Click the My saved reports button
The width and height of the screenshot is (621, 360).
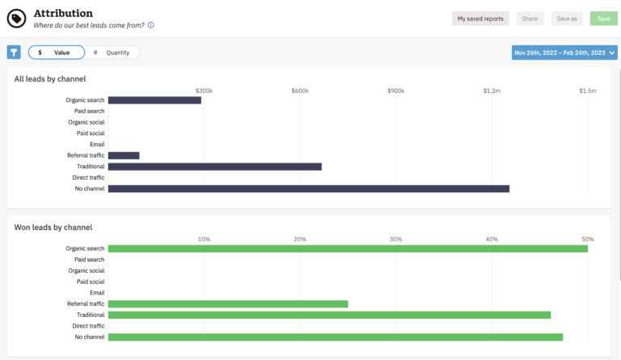[480, 19]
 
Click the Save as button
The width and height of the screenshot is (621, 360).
[567, 19]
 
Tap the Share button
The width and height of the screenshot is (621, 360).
[530, 19]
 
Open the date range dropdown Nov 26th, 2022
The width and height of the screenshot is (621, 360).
[564, 53]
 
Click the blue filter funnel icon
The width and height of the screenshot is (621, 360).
[14, 53]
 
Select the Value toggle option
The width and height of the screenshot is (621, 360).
[56, 53]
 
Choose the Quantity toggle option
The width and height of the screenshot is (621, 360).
[112, 53]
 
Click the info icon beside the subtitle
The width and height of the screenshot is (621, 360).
[151, 25]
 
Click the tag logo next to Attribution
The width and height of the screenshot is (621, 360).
[16, 19]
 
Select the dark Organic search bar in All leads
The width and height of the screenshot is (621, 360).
[154, 100]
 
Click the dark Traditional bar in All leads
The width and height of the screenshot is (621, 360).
[214, 167]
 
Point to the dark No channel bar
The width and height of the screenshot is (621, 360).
[308, 188]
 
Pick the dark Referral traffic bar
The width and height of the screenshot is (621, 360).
[124, 155]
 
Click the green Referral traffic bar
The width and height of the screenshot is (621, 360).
[227, 304]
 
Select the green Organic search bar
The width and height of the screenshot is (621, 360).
[348, 248]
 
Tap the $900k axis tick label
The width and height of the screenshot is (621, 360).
[395, 91]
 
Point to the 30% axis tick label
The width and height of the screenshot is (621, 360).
[395, 239]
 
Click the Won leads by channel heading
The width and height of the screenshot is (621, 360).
[53, 227]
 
